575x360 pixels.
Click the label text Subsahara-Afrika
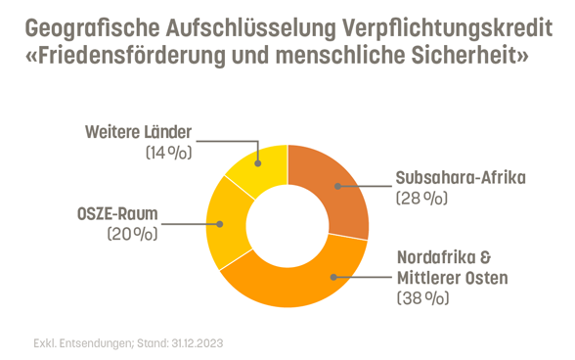[x=461, y=178]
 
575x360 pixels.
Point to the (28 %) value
[x=421, y=199]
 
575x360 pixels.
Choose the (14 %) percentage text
[x=168, y=153]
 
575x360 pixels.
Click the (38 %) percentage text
[x=423, y=299]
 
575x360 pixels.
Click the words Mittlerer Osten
[x=452, y=279]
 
